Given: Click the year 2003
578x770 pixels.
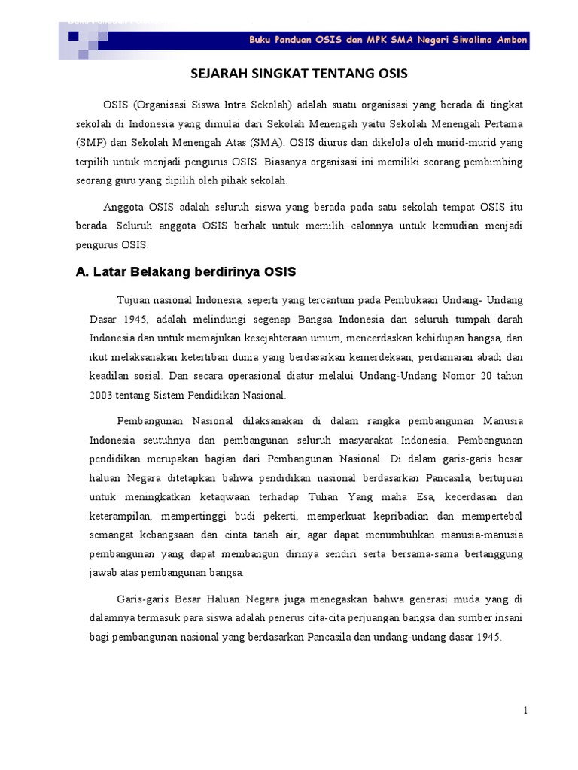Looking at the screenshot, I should click(x=104, y=395).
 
